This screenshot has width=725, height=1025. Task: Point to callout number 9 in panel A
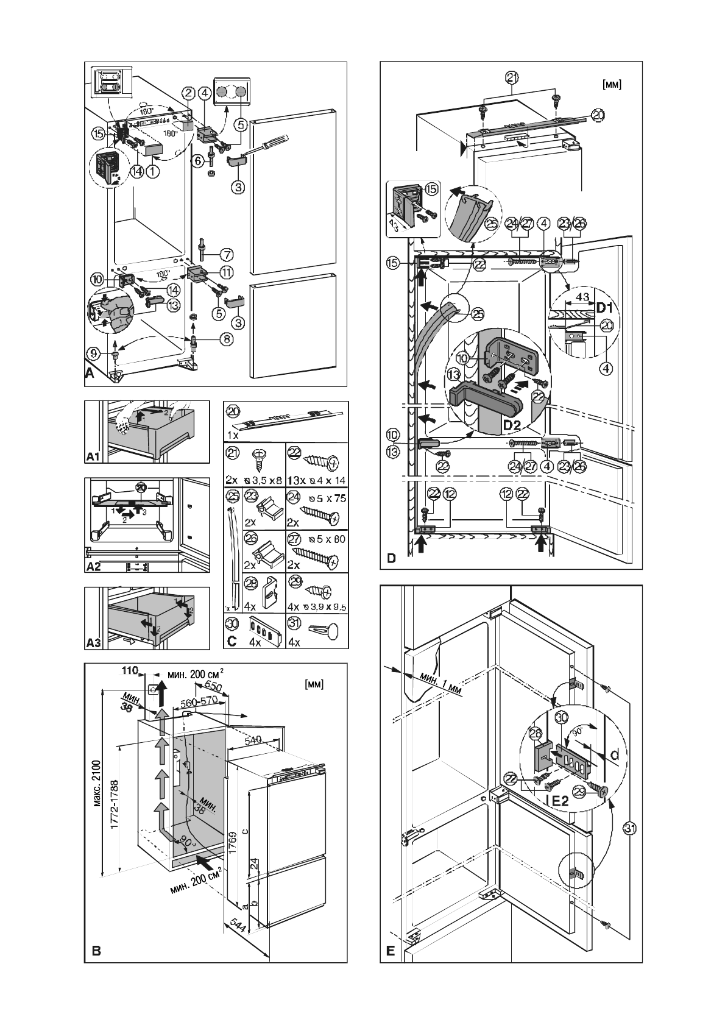coord(93,352)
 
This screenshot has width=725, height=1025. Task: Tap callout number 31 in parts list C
coord(295,623)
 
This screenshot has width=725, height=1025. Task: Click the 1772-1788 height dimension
coord(114,795)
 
